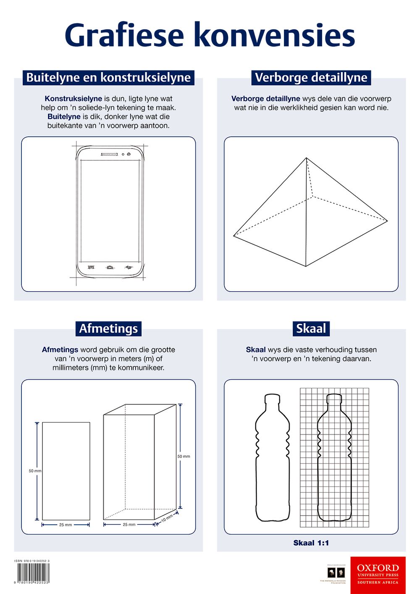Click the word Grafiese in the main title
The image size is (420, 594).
coord(124,36)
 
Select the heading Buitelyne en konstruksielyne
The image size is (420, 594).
coord(108,78)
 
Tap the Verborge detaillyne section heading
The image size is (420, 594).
coord(311,78)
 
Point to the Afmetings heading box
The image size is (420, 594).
coord(108,328)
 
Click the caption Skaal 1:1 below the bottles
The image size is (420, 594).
coord(311,543)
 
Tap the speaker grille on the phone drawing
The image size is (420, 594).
coord(109,154)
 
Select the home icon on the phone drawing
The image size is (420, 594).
coord(110,267)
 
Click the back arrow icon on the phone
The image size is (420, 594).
coord(129,267)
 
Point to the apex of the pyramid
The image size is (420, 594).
coord(306,158)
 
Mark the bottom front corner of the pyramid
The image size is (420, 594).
coord(306,266)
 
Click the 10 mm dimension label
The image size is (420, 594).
coord(167,518)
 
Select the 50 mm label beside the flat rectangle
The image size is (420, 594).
coord(35,471)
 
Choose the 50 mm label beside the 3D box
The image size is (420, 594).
coord(184,456)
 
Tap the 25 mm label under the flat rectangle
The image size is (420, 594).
coord(66,525)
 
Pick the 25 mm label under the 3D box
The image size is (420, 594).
coord(129,525)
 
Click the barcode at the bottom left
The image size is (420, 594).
coord(33,572)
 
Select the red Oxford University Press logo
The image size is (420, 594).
coord(378,575)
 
